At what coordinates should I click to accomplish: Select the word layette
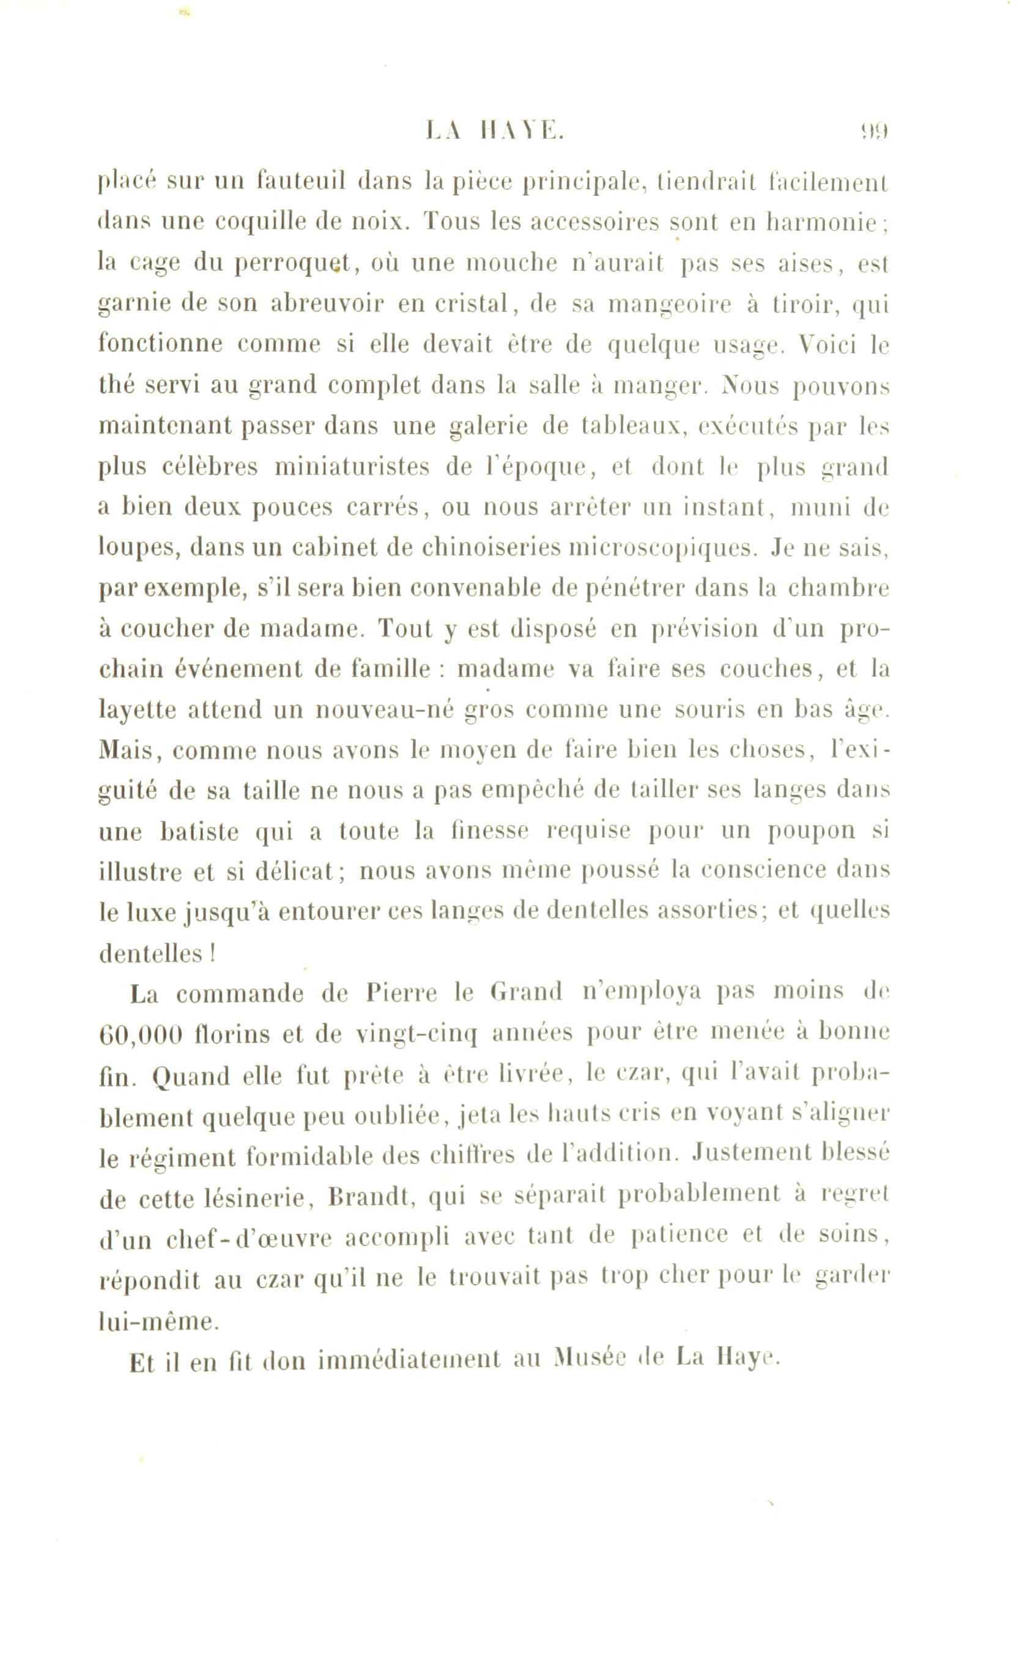[138, 711]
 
